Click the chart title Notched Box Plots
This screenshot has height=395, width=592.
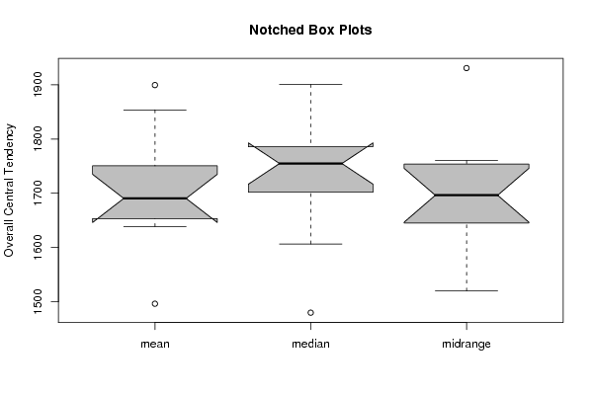pos(310,30)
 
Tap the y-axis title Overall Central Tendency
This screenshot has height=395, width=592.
pos(9,191)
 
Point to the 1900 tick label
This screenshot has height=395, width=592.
pos(38,85)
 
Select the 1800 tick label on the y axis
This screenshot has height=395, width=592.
pos(38,139)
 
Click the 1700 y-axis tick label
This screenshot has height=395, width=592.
pos(38,194)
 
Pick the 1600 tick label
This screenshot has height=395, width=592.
pos(38,248)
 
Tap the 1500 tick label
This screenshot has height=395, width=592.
pos(38,301)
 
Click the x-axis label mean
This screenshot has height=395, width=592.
pos(155,344)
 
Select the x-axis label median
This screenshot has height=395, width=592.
pos(310,344)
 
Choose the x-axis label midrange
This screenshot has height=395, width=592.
pos(466,344)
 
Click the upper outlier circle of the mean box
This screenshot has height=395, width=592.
pos(155,85)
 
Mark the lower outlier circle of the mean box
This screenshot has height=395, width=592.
pos(155,304)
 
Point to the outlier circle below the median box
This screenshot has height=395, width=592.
pos(310,313)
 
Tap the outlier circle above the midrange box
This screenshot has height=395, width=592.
pos(466,68)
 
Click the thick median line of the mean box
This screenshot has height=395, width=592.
pos(155,198)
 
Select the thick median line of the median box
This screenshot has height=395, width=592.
pos(310,163)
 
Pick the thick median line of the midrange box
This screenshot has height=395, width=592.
pos(466,196)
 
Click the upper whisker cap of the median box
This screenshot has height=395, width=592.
pos(310,84)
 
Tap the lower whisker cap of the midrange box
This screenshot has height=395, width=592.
pos(466,291)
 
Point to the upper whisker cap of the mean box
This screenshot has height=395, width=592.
pos(155,111)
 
